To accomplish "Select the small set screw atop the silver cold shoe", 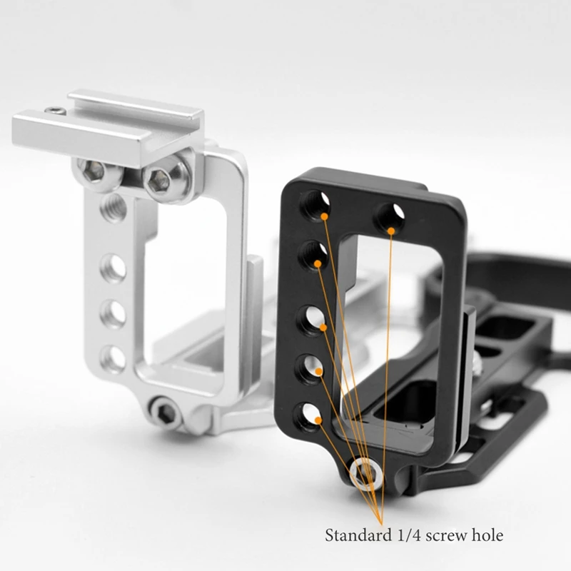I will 54,111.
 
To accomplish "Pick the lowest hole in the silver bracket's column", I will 113,358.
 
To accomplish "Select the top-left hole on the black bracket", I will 315,205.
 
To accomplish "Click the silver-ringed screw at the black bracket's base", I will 365,473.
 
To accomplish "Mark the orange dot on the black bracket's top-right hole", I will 391,230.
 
